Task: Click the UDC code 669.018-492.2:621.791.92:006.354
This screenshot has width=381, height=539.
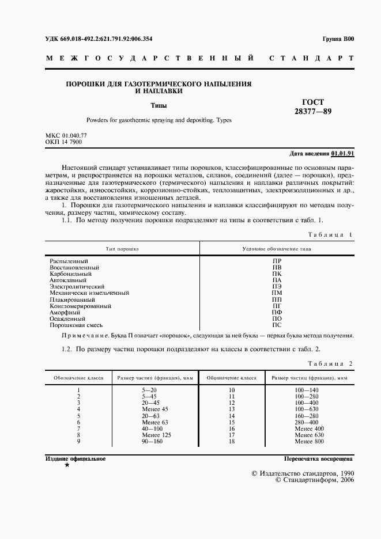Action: [x=99, y=39]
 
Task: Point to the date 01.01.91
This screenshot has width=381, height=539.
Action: [x=343, y=154]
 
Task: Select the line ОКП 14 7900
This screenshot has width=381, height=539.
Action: [x=63, y=142]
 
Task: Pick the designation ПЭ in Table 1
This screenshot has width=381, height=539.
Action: [x=277, y=286]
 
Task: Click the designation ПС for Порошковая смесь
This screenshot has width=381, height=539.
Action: [x=277, y=325]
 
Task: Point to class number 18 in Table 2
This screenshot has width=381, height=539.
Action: [x=232, y=441]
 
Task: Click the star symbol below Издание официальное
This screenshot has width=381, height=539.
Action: [x=67, y=465]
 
